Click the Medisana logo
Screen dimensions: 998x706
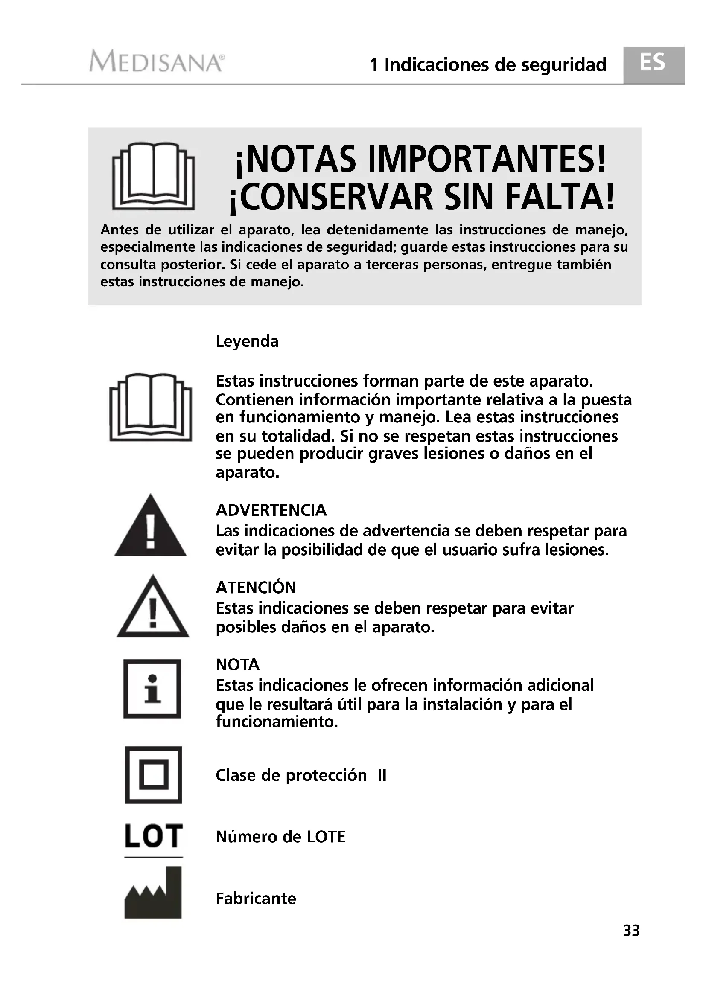(x=157, y=61)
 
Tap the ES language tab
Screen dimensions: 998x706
(x=653, y=64)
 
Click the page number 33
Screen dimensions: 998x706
(x=631, y=931)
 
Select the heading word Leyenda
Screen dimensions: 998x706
(x=247, y=341)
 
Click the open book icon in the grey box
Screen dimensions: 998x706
(x=153, y=176)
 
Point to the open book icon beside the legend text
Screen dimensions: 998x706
(x=150, y=407)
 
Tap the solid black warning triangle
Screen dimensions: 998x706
(x=150, y=527)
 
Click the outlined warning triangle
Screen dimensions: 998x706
(x=152, y=607)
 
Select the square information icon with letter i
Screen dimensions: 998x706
(x=152, y=689)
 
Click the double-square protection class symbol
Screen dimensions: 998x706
(x=153, y=774)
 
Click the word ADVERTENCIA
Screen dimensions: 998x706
(x=271, y=510)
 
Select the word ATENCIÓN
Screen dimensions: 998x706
(x=256, y=587)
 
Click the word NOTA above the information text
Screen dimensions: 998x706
(x=237, y=665)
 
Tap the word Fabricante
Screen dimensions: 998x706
(x=256, y=899)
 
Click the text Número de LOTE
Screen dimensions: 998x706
(x=280, y=837)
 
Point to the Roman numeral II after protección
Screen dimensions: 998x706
(x=382, y=775)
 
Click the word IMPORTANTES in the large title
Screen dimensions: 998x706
(x=487, y=160)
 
